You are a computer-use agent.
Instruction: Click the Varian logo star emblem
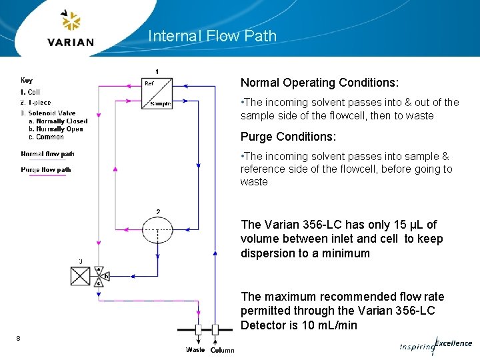tap(70, 21)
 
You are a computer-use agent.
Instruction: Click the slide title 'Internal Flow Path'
tap(212, 36)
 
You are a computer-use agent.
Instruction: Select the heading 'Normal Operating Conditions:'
tap(319, 83)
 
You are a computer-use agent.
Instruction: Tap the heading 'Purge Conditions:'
tap(288, 137)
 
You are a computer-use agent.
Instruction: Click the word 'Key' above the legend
tap(27, 81)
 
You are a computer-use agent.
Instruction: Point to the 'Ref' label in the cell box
tap(149, 83)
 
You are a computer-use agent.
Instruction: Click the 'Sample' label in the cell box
tap(160, 103)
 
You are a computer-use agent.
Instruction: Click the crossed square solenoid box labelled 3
tap(81, 275)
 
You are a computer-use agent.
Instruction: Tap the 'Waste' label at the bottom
tap(195, 350)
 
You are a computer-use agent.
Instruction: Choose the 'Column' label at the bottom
tap(222, 350)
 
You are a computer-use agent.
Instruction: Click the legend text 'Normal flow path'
tap(47, 154)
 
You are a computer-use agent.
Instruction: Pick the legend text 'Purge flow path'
tap(46, 170)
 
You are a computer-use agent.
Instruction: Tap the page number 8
tap(19, 339)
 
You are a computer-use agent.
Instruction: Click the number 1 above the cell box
tap(157, 71)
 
